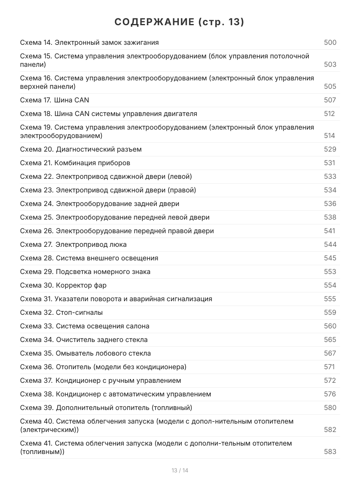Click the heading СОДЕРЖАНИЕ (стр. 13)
(x=180, y=22)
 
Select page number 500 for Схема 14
(x=330, y=42)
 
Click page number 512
(x=329, y=114)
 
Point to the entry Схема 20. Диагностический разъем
(x=81, y=149)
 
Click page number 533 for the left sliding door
(x=330, y=176)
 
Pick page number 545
(x=330, y=258)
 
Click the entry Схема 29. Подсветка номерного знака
(x=85, y=272)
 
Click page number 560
(x=330, y=326)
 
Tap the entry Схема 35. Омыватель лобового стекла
(x=85, y=353)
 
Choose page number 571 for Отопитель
(x=329, y=367)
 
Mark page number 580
(x=330, y=408)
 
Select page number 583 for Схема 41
(x=330, y=452)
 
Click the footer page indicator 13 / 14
(x=180, y=470)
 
